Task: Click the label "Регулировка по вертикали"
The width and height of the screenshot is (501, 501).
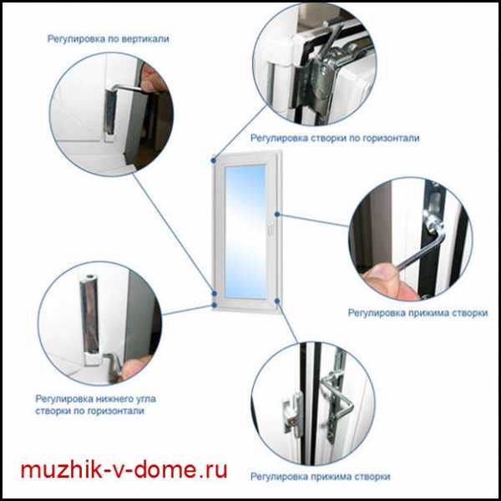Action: coord(108,39)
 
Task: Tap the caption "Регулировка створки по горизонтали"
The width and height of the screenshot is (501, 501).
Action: coord(335,138)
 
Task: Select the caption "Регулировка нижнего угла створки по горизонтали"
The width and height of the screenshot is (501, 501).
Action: coord(95,404)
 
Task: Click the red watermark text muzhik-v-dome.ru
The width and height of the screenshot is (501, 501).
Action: coord(124,469)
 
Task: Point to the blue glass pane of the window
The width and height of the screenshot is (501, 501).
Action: coord(245,231)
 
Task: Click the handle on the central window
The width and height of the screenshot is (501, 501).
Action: coord(270,227)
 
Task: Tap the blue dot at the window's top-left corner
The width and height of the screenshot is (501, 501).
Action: coord(214,160)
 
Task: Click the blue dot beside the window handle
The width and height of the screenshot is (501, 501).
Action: coord(277,215)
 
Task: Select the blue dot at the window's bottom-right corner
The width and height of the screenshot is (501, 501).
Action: coord(277,301)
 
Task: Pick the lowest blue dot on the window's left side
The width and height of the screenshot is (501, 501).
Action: coord(215,306)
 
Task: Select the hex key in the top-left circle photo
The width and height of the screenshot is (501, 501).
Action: coord(128,88)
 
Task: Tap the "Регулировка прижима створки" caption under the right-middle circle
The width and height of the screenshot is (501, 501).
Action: coord(417,312)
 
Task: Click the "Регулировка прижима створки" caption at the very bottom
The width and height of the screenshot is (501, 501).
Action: coord(320,477)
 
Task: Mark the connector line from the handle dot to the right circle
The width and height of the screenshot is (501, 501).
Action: coord(313,220)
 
